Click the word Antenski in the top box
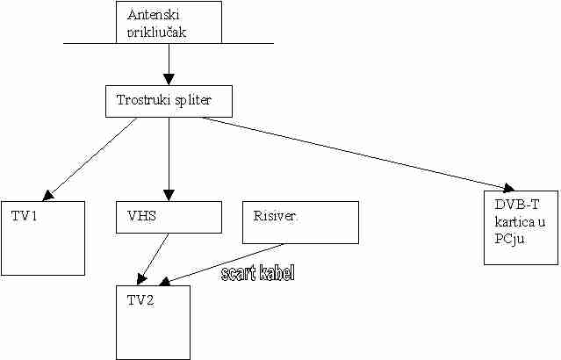[155, 16]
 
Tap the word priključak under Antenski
[158, 32]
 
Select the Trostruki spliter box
[169, 100]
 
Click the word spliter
[197, 100]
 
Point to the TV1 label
[25, 215]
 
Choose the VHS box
[169, 217]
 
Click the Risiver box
[299, 222]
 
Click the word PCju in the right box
[508, 237]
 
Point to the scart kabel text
[256, 274]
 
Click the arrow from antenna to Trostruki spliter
[169, 63]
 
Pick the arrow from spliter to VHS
[169, 158]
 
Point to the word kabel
[275, 274]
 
